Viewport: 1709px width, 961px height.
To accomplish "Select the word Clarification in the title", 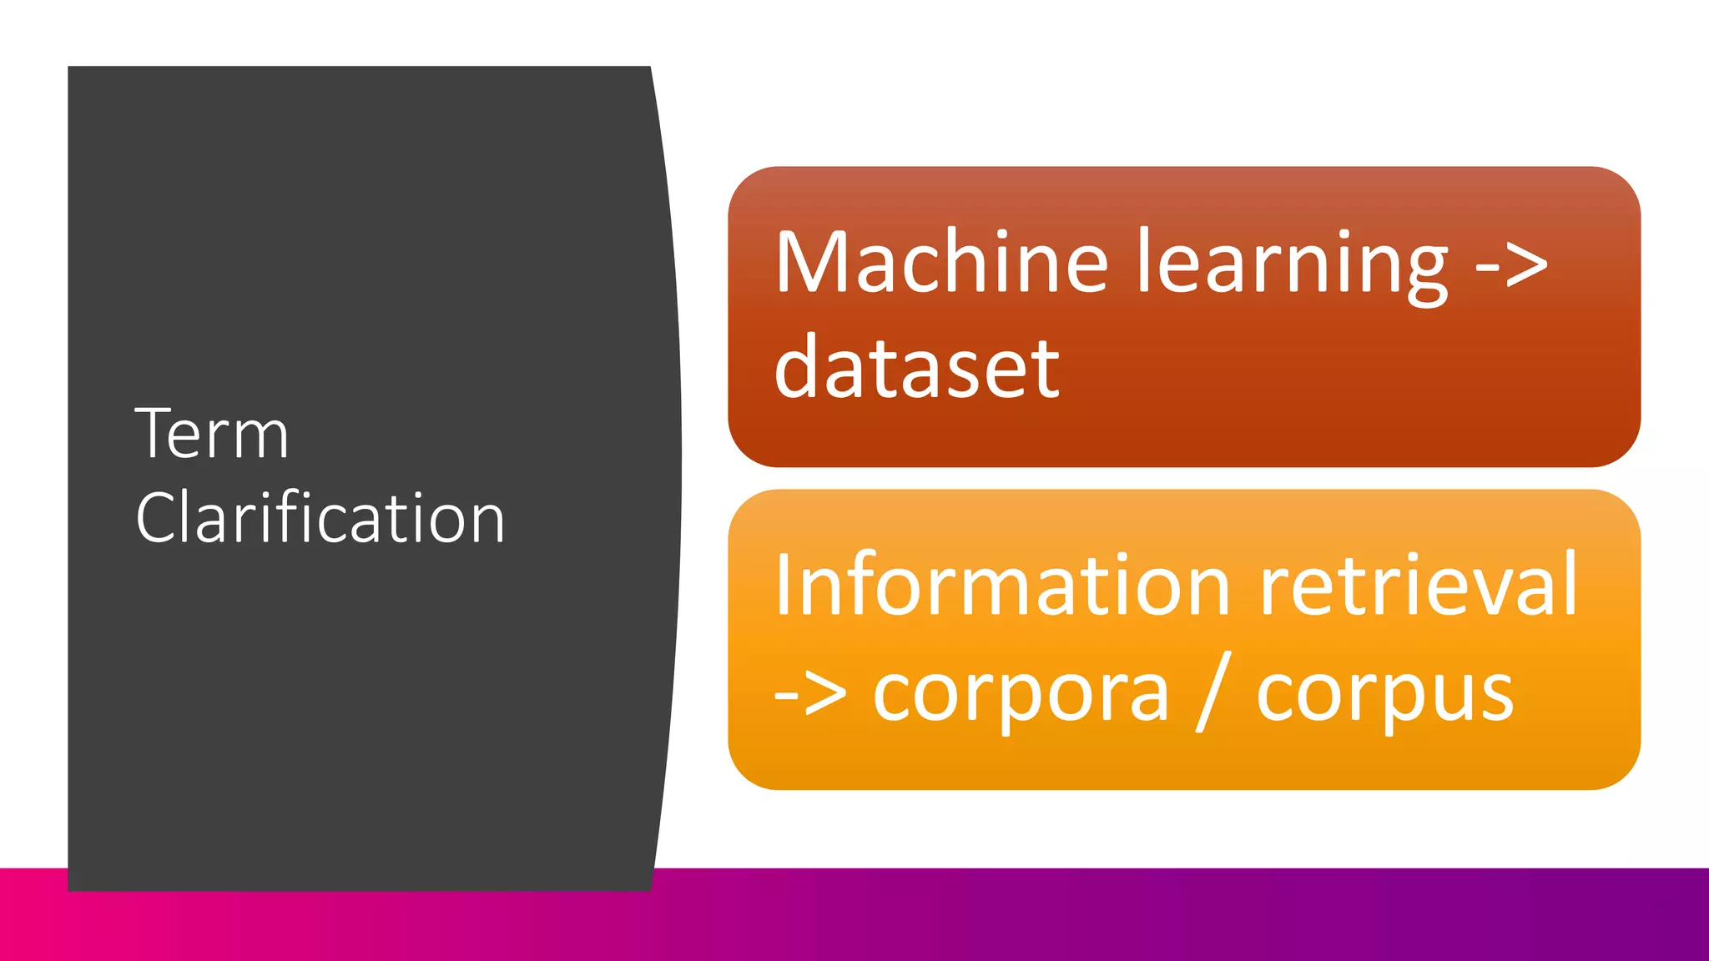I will tap(320, 518).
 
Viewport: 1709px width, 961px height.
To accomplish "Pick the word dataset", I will tap(916, 368).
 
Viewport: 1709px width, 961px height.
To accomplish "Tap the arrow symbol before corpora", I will tap(810, 694).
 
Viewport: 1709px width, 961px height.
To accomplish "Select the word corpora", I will tap(1021, 694).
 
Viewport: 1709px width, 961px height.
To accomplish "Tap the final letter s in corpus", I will tap(1495, 696).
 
